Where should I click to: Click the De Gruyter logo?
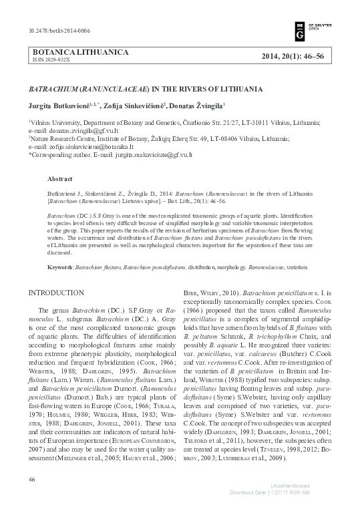(x=300, y=31)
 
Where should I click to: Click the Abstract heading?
(x=61, y=180)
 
